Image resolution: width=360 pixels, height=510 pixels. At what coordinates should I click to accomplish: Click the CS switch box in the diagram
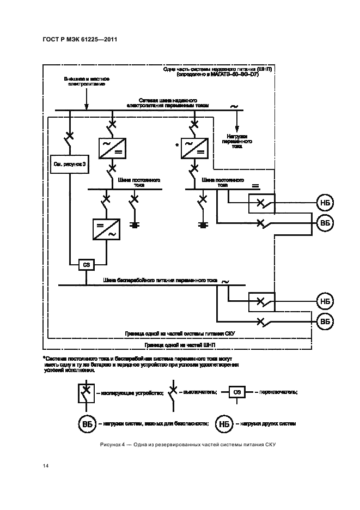tap(86, 264)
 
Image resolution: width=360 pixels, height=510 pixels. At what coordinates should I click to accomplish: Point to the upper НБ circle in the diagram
tap(325, 203)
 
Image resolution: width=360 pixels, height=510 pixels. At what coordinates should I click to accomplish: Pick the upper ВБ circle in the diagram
tap(325, 223)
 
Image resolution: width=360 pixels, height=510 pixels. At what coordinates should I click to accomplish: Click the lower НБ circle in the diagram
tap(325, 301)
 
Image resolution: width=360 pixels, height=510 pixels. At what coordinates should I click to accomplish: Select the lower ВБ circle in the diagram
tap(325, 321)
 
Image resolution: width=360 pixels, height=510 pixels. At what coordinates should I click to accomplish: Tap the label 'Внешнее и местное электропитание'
tap(87, 82)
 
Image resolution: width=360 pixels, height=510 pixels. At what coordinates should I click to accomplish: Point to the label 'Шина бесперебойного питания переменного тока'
tap(160, 280)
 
